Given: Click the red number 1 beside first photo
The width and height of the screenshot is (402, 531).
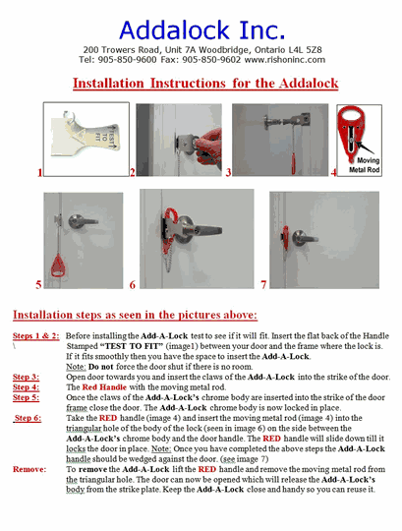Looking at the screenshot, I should [38, 172].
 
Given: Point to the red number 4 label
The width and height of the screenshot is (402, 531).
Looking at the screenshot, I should [333, 172].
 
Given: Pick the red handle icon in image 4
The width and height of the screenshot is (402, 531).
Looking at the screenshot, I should [359, 131].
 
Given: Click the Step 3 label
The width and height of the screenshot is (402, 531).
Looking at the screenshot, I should [27, 377].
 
